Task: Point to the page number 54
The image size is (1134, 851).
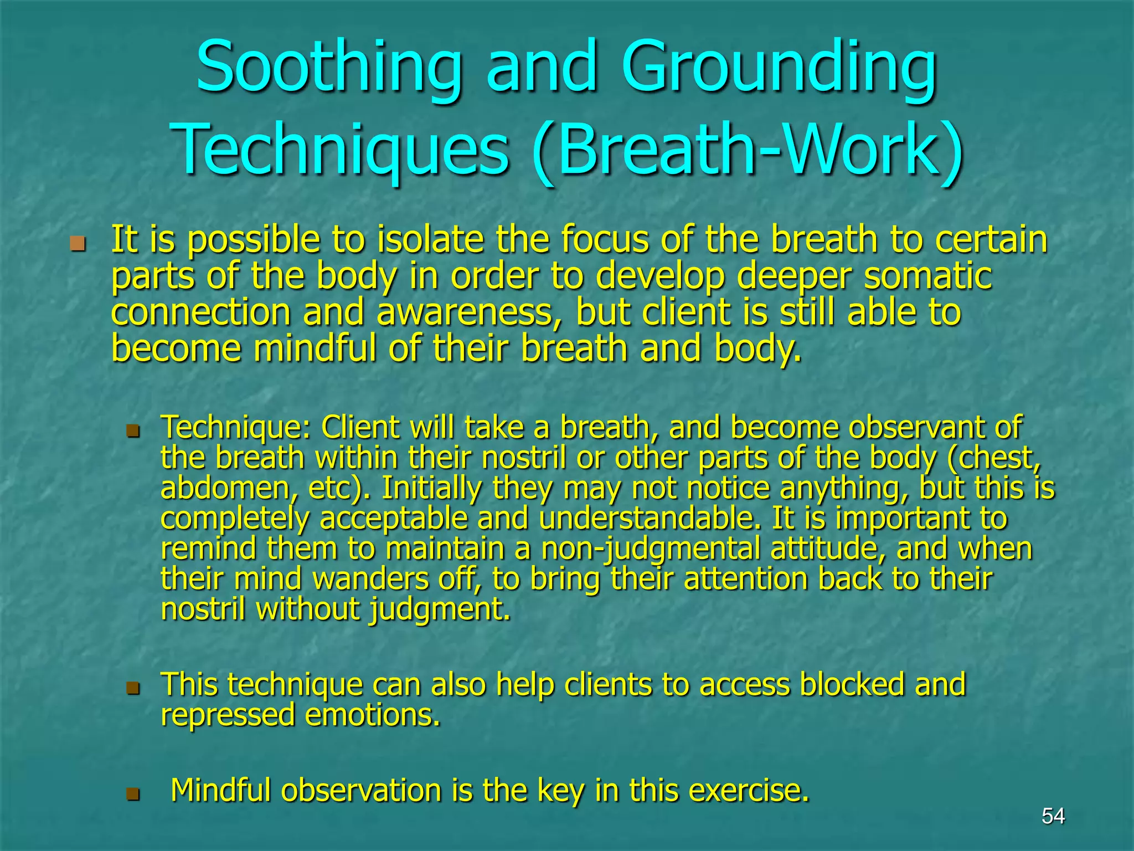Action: coord(1053,816)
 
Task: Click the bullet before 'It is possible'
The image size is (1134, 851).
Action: coord(78,244)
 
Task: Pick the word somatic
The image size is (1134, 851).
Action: coord(927,275)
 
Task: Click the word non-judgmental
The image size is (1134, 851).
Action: coord(650,548)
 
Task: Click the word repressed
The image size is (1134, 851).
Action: coord(228,714)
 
